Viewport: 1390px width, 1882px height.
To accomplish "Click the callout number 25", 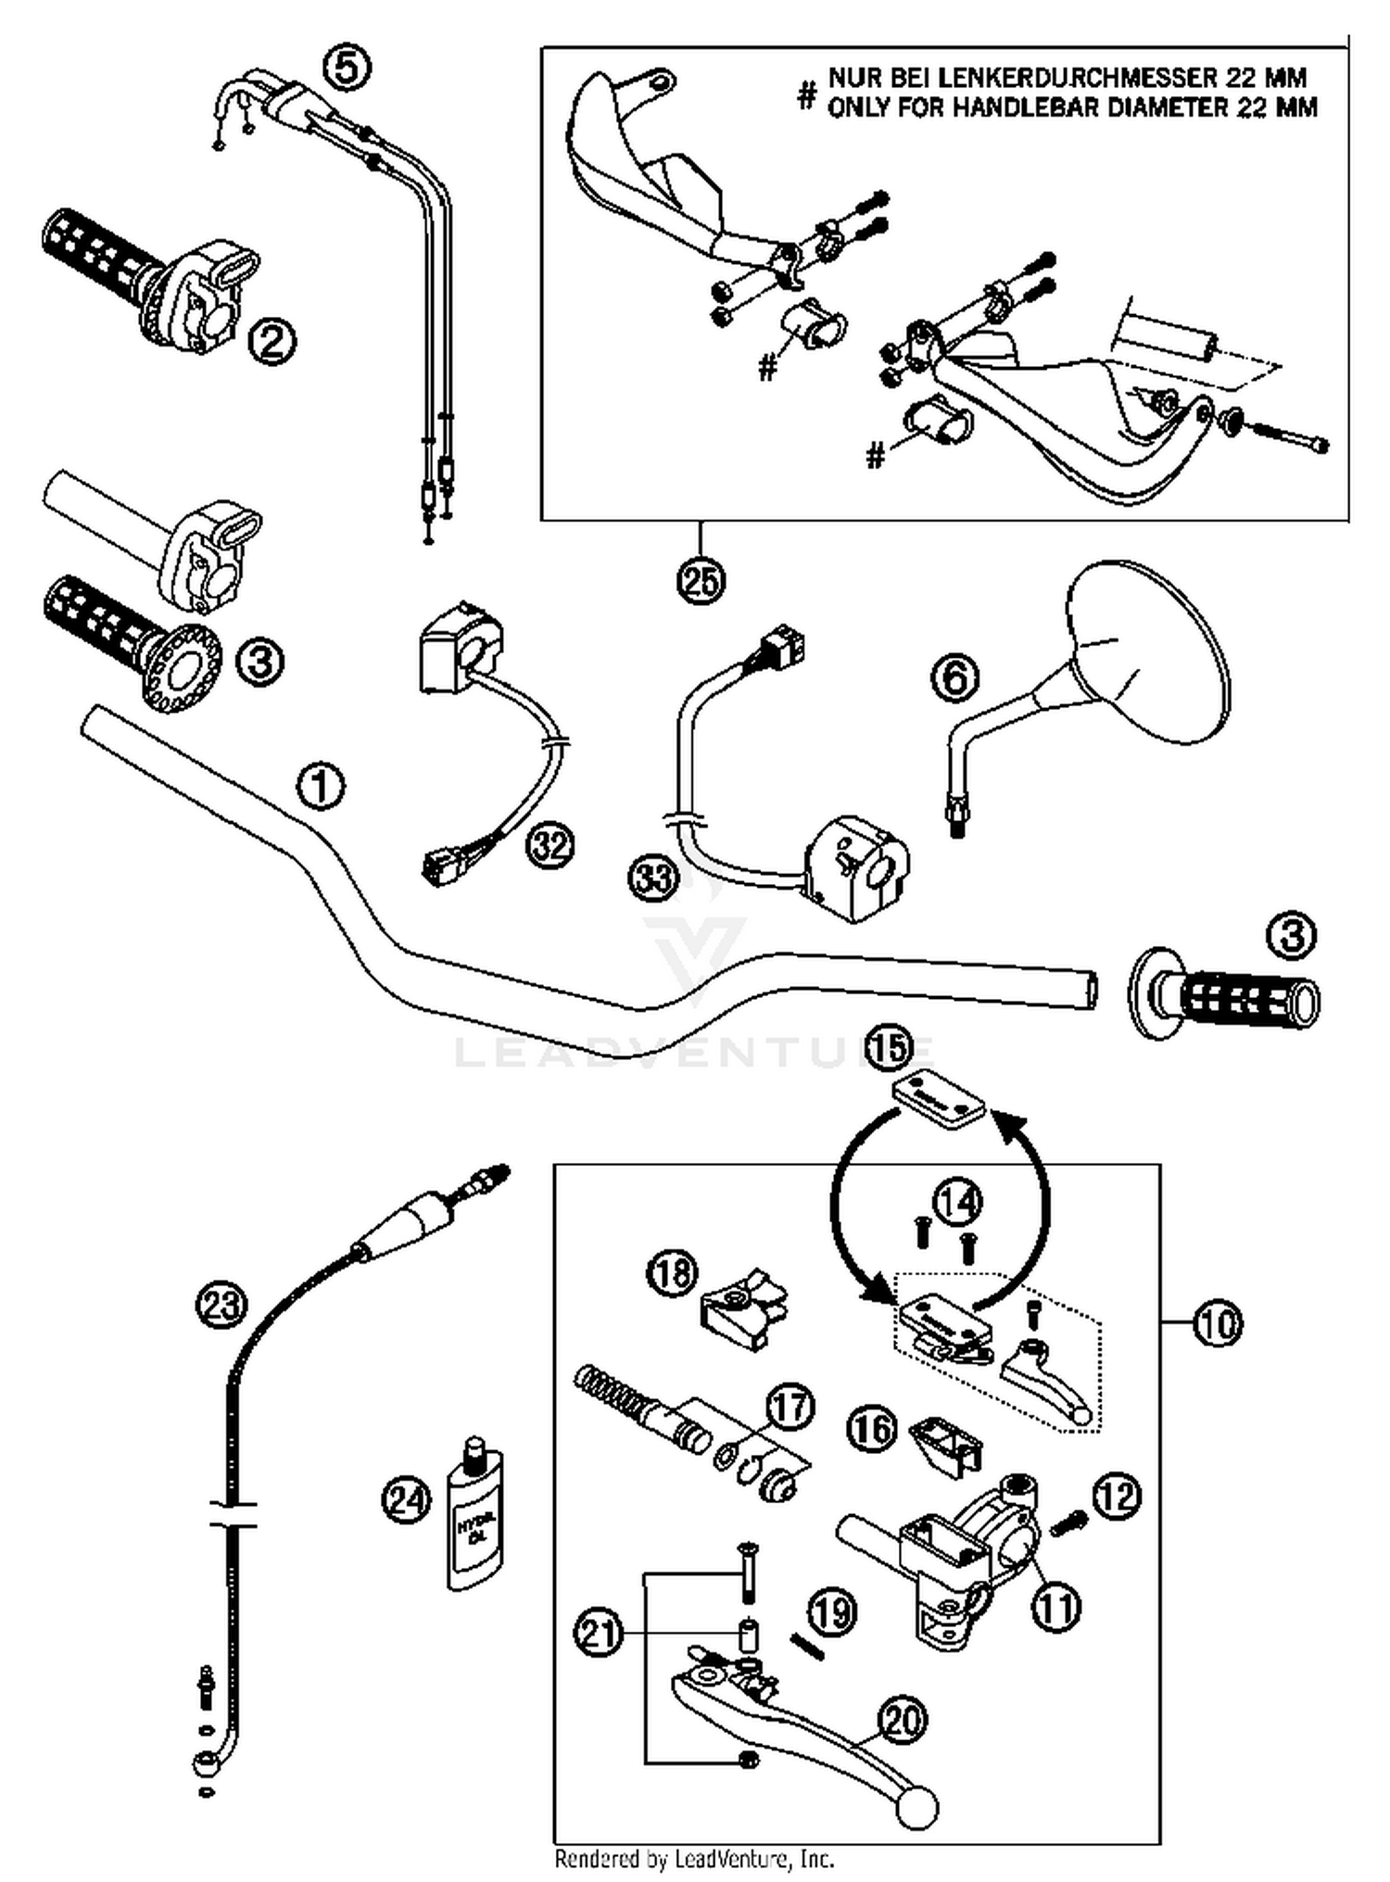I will (x=701, y=581).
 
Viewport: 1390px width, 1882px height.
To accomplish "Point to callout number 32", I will (x=550, y=845).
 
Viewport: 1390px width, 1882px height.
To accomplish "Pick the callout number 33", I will (x=653, y=877).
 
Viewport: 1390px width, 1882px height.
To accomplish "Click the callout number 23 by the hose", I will (x=221, y=1307).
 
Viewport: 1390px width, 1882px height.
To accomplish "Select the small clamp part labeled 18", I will (x=742, y=1308).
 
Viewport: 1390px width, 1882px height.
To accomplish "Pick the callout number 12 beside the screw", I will (x=1117, y=1495).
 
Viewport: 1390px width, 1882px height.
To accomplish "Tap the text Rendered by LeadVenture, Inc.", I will (x=694, y=1858).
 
